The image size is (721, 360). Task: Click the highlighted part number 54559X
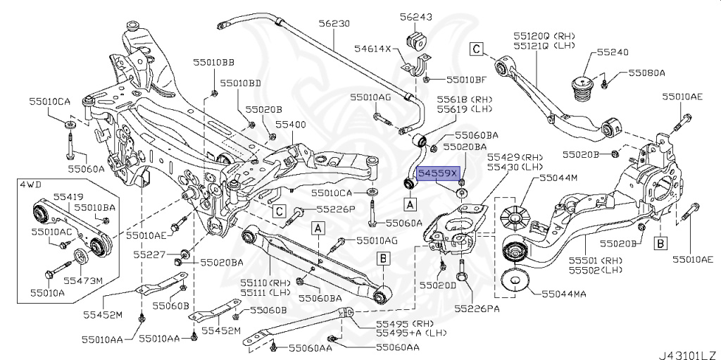click(438, 172)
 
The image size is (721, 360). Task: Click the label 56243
click(416, 16)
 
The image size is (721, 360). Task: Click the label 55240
click(613, 52)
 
